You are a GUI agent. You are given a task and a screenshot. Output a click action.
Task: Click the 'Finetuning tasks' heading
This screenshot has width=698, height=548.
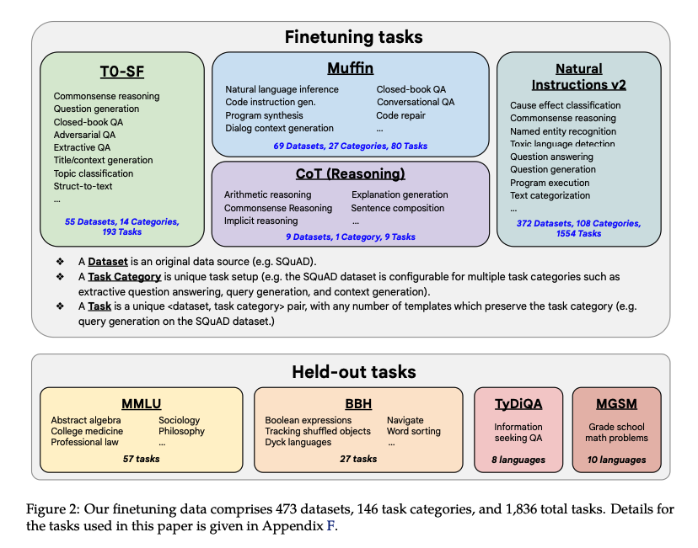click(353, 37)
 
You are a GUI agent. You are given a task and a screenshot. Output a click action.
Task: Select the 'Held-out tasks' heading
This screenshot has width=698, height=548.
click(353, 371)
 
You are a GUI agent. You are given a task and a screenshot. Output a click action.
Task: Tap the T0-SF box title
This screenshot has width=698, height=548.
click(121, 72)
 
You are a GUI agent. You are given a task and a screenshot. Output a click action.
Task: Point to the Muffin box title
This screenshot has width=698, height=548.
click(350, 67)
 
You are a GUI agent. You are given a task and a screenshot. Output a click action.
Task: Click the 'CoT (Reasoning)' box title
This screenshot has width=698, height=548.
click(350, 174)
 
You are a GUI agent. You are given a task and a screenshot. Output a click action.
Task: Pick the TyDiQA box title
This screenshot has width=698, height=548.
click(518, 403)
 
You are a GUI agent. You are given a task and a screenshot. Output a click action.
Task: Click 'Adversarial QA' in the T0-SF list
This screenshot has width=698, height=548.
click(85, 135)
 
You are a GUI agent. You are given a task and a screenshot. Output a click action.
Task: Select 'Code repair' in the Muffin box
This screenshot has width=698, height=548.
click(403, 115)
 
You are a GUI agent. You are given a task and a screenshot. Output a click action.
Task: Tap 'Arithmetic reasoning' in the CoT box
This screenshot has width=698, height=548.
click(267, 195)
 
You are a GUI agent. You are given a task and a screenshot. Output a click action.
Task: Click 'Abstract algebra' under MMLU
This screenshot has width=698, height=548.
click(85, 420)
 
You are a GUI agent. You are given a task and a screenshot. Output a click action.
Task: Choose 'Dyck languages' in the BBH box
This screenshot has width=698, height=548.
click(298, 443)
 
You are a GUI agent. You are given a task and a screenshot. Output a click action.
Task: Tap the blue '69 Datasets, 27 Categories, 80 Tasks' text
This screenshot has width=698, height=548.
click(350, 146)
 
